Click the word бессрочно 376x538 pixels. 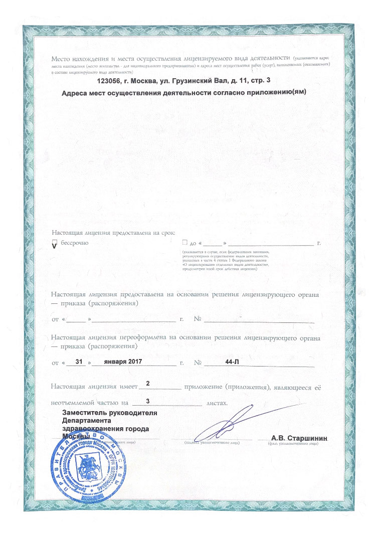pos(75,242)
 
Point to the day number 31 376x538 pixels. pos(77,361)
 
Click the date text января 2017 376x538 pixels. pos(121,361)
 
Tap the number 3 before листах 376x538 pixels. pos(147,401)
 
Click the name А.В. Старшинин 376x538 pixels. pos(299,438)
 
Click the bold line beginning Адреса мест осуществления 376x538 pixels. pos(183,93)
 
